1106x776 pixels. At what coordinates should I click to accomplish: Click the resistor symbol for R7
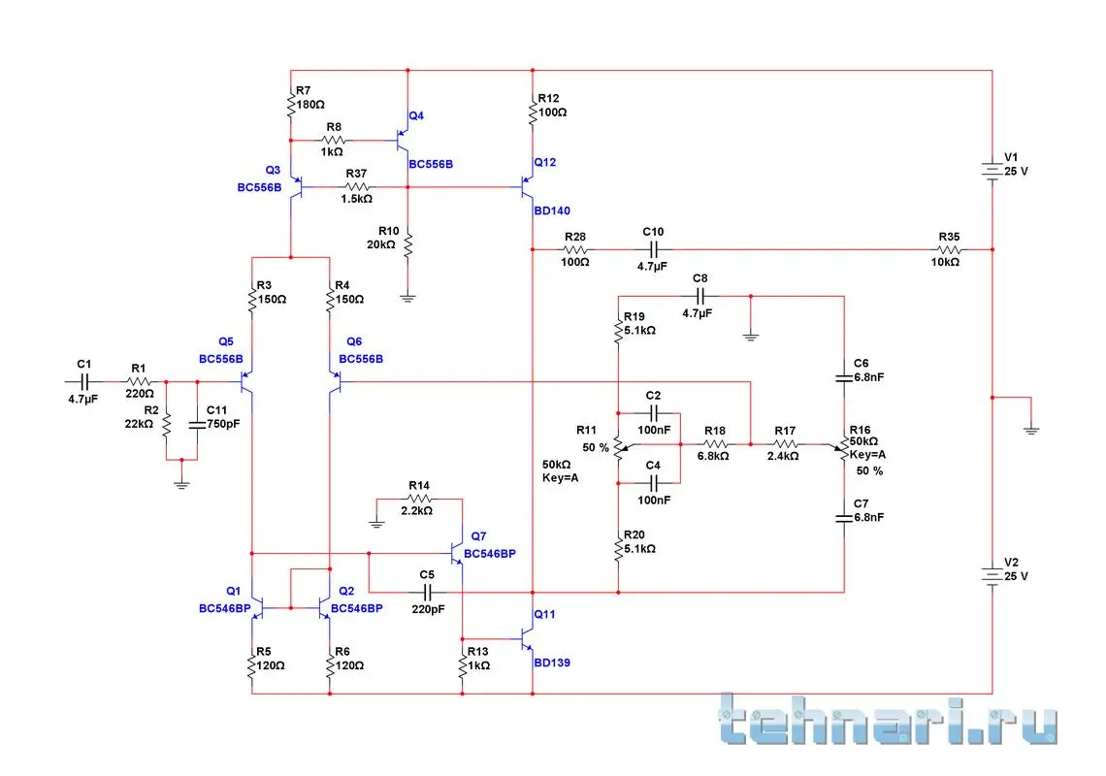tap(290, 104)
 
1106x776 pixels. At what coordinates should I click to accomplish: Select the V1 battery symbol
tap(992, 171)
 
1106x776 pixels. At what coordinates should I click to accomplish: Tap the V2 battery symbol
tap(992, 575)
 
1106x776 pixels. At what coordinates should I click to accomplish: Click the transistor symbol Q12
tap(528, 181)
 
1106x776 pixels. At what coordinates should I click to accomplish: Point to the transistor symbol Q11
tap(528, 639)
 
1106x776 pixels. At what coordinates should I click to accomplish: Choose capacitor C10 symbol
tap(652, 250)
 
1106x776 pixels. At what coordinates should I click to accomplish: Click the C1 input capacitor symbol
tap(83, 381)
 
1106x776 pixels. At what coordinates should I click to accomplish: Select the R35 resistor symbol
tap(947, 250)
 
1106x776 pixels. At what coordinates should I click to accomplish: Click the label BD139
tap(553, 663)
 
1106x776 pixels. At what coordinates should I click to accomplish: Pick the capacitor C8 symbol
tap(700, 295)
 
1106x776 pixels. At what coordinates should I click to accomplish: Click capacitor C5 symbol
tap(427, 591)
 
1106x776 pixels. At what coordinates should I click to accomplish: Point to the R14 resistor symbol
tap(419, 499)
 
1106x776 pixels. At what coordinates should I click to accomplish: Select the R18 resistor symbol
tap(715, 444)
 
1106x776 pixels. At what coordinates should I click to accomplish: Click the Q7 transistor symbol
tap(457, 552)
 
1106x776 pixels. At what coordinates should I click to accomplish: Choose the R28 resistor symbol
tap(575, 250)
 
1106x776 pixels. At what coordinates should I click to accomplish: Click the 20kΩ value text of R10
tap(380, 244)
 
